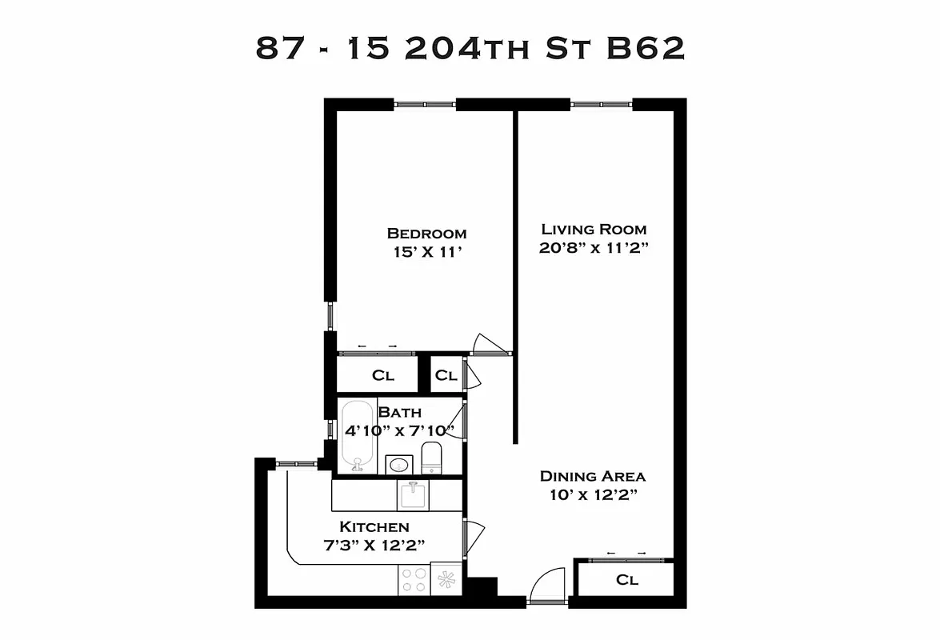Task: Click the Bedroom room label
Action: [x=426, y=234]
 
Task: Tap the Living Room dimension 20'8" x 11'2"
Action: [x=593, y=248]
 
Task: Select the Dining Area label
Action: [x=593, y=476]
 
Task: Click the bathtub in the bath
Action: [x=357, y=436]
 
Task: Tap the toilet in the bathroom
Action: [x=431, y=458]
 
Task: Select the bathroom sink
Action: [x=398, y=464]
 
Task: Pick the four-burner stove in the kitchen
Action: [x=414, y=579]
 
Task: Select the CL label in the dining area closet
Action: [x=627, y=581]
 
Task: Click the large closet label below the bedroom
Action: [x=383, y=375]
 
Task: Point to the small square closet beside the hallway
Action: [x=446, y=375]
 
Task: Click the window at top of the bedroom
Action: [x=425, y=103]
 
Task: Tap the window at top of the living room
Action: [x=601, y=103]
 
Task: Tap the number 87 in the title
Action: [x=279, y=48]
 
